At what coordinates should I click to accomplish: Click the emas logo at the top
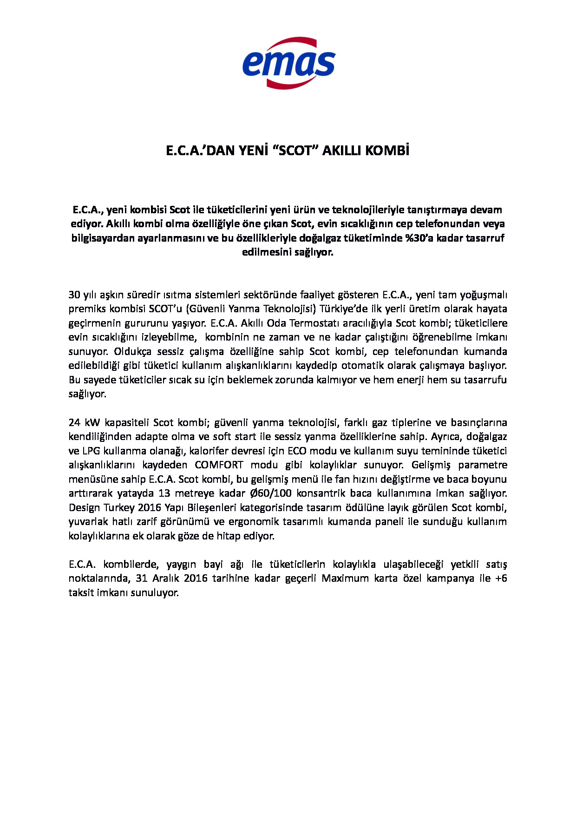288,63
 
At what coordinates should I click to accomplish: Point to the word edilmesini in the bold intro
266,253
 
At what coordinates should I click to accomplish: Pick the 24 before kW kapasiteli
74,423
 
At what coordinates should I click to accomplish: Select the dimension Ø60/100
269,493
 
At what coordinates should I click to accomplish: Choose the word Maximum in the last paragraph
345,578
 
